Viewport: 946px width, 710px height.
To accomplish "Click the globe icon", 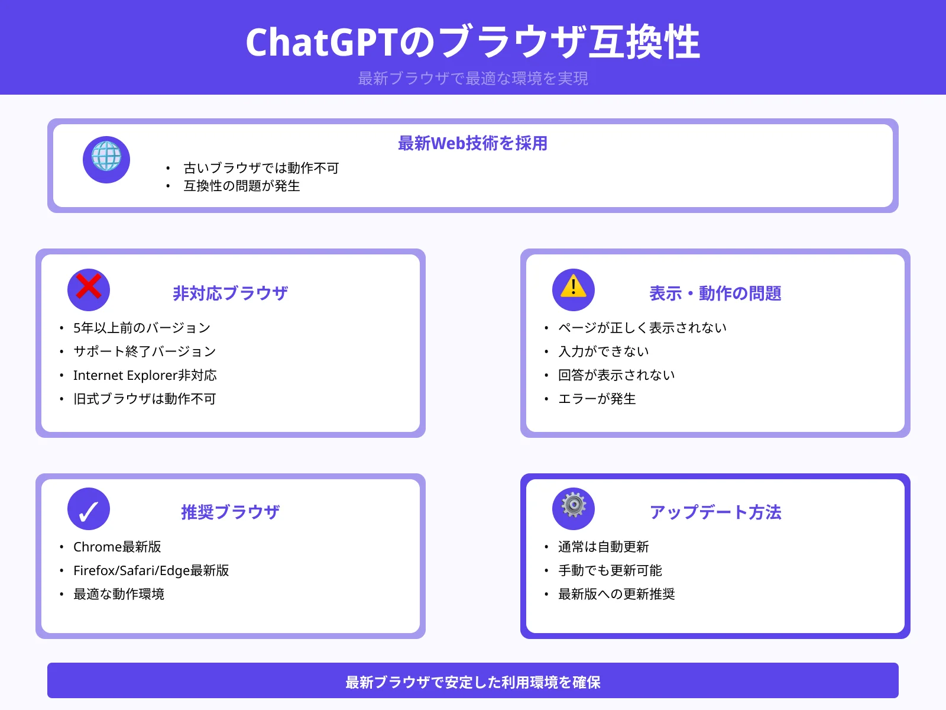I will click(x=106, y=159).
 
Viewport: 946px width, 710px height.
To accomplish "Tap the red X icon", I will click(x=89, y=289).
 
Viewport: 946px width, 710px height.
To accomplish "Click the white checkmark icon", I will click(x=89, y=509).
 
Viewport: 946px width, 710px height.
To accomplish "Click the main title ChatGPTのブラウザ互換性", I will click(x=473, y=43).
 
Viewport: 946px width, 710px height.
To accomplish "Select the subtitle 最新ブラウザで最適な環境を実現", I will click(x=473, y=78).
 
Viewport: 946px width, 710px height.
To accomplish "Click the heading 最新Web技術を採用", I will click(x=473, y=143).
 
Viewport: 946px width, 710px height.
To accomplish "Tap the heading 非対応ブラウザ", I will click(x=230, y=293).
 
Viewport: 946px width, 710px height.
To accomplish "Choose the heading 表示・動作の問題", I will click(x=715, y=293).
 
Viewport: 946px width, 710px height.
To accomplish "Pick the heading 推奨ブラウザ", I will click(x=230, y=512).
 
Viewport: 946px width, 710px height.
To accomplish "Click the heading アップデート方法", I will click(x=715, y=512).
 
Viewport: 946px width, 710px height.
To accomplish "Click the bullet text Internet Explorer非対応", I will click(x=145, y=375).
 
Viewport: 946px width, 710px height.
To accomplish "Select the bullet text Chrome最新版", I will click(x=117, y=547).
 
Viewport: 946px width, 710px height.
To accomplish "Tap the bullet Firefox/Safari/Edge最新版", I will click(x=151, y=570).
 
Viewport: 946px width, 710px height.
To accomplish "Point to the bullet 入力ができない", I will click(x=604, y=351).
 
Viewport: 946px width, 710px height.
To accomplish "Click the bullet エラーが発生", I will click(x=597, y=399).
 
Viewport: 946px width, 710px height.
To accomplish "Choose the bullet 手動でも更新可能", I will click(x=610, y=570).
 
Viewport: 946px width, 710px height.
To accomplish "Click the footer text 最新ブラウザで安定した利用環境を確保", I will click(x=473, y=682).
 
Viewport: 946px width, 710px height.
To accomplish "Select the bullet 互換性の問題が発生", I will click(x=242, y=186).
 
